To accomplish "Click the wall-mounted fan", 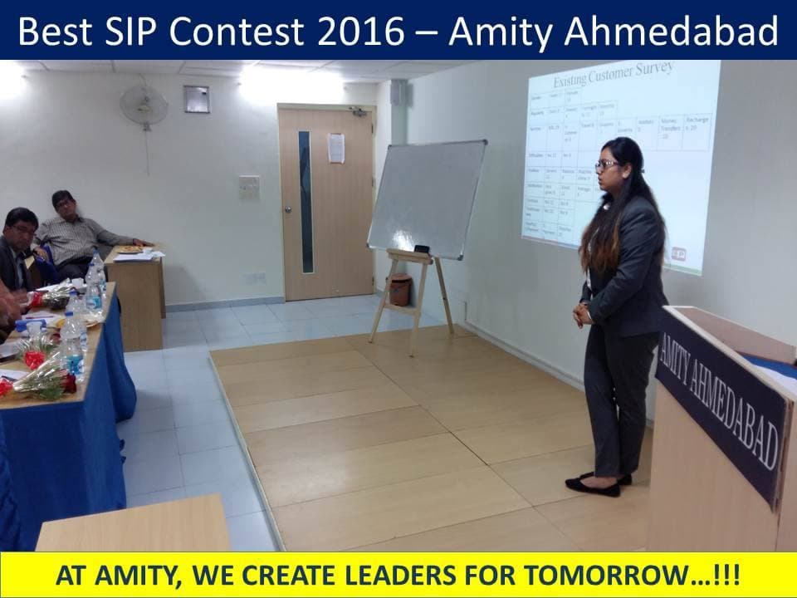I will click(143, 105).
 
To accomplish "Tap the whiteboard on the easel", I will click(427, 199).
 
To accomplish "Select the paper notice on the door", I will click(336, 148).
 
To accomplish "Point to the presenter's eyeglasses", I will click(605, 165).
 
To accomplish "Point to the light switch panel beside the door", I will click(249, 187).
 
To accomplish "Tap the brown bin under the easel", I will click(400, 289).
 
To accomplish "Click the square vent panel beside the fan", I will click(196, 98).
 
